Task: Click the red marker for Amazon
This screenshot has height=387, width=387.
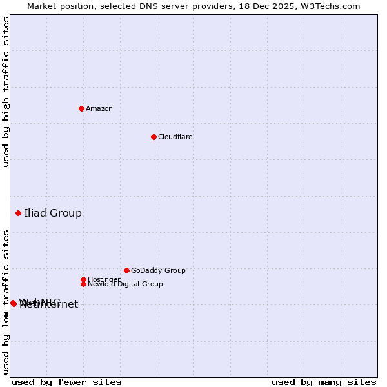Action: pos(81,108)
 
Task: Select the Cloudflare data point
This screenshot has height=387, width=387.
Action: pos(154,137)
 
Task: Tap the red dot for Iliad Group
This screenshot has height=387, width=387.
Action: pos(18,213)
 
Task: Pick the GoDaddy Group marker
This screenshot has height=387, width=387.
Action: pos(126,270)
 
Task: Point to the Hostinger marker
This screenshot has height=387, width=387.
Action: pos(83,279)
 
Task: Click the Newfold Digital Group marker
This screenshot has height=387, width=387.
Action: pos(83,284)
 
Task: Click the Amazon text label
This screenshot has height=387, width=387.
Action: pos(99,108)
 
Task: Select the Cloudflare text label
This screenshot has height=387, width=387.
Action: pos(175,137)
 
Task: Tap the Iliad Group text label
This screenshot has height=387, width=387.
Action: pos(53,213)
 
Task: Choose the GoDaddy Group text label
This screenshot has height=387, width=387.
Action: pos(158,270)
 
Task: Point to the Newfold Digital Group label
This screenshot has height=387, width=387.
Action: pos(125,284)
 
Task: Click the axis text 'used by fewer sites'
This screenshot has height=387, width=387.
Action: pos(66,382)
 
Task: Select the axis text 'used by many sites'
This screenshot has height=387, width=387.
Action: pos(324,382)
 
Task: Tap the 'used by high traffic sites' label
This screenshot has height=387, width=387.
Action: pos(6,92)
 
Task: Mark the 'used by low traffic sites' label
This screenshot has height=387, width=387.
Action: pos(6,302)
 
